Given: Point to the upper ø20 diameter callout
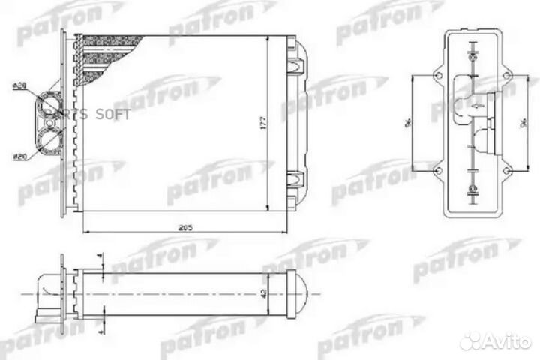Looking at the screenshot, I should click(x=20, y=88).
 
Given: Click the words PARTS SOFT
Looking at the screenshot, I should click(x=88, y=115).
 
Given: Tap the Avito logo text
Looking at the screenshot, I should click(x=502, y=341).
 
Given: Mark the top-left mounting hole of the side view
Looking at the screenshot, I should click(x=437, y=75).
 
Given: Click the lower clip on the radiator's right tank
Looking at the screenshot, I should click(x=295, y=180).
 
